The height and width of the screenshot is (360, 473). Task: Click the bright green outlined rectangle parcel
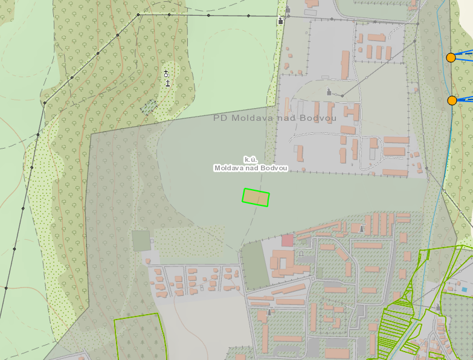point(256,198)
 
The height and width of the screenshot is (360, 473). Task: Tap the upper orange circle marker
point(451,57)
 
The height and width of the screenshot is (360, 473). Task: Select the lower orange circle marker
point(452,100)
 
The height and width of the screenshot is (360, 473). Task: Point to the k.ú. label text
point(251,159)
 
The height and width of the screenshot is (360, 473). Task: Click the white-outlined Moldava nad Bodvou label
point(250,168)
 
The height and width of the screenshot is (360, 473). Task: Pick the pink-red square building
point(288,240)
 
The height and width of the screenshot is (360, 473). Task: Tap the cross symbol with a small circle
point(166,73)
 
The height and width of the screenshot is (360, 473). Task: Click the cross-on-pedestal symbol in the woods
point(167,82)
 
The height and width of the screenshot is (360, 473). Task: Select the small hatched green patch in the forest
point(149,106)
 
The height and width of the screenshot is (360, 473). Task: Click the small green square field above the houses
point(141,241)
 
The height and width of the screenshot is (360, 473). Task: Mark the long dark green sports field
point(255,265)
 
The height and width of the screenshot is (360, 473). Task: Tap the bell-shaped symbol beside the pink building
point(301,254)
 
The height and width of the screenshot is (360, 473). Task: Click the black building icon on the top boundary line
point(281,21)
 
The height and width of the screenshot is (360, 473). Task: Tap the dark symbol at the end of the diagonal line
point(329,92)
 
